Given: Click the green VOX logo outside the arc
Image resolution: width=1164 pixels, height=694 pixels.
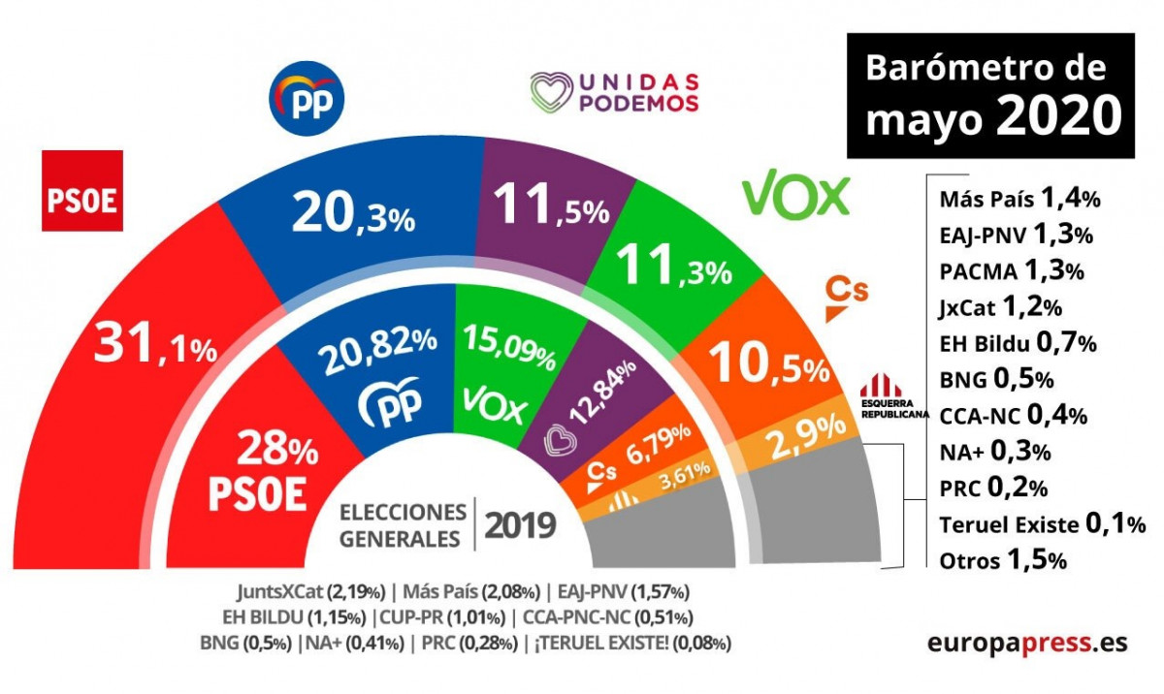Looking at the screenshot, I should pos(796,197).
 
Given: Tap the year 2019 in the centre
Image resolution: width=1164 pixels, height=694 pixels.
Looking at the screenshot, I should pos(520,525).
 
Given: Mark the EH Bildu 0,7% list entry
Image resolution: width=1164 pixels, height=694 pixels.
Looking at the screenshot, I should pos(1018,342).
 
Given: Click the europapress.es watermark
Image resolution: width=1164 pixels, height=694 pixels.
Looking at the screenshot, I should pos(1027,643).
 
